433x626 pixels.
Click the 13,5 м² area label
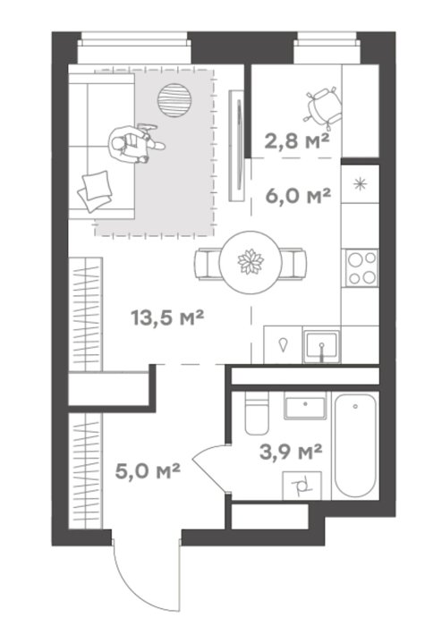(x=167, y=318)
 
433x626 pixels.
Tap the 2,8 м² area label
(x=297, y=141)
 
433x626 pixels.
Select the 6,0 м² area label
(x=299, y=195)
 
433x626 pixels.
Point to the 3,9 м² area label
(x=291, y=453)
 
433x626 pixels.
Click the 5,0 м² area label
(x=148, y=471)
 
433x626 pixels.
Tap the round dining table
(x=250, y=262)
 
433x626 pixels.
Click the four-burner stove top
(x=361, y=267)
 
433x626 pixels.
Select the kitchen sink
(x=321, y=347)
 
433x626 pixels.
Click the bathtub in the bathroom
(x=355, y=445)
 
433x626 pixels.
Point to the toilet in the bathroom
(x=256, y=413)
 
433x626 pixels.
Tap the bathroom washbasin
(x=305, y=406)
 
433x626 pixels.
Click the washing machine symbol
(x=302, y=485)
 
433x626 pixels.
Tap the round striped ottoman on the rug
(x=174, y=100)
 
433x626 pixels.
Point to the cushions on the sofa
(x=95, y=190)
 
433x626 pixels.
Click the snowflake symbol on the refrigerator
(x=360, y=184)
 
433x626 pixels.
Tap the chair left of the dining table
(x=207, y=264)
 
